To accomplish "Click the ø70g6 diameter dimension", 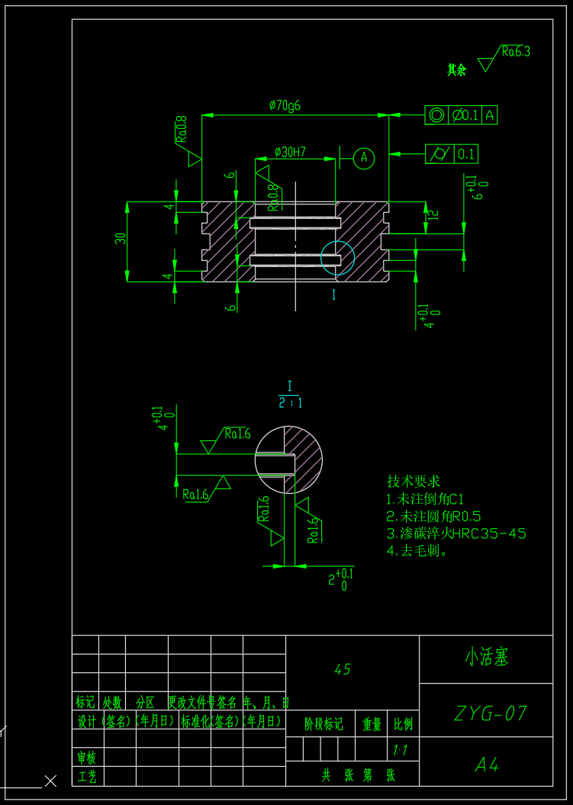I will point(285,106).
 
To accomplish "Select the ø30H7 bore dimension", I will point(289,152).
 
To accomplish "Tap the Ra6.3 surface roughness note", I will point(516,52).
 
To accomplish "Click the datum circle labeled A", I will point(364,158).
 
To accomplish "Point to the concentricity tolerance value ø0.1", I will point(465,115).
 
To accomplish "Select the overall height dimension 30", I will point(121,239).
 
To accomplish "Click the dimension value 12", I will point(433,215).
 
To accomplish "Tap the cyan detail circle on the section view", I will point(337,257).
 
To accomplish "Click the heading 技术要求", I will point(414,481).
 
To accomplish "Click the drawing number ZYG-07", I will point(490,713).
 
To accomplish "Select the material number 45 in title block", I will point(343,669).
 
